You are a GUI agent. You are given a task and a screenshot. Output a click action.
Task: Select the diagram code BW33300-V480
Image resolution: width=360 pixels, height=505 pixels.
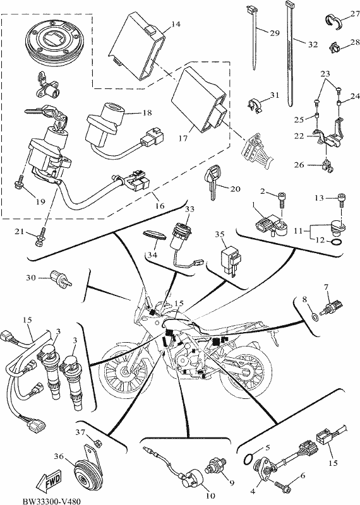pyautogui.click(x=52, y=501)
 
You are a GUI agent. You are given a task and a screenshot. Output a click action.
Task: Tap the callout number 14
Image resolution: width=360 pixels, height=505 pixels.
pyautogui.click(x=176, y=24)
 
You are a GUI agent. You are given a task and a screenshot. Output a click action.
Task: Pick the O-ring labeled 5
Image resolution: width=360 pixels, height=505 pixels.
pyautogui.click(x=250, y=459)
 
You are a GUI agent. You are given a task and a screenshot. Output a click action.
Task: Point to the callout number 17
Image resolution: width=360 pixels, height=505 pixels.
pyautogui.click(x=183, y=138)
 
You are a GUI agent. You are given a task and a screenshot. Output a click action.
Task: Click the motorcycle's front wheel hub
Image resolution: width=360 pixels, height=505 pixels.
pyautogui.click(x=124, y=371)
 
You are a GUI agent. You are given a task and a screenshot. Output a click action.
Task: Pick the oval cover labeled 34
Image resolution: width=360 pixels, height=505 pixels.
pyautogui.click(x=155, y=234)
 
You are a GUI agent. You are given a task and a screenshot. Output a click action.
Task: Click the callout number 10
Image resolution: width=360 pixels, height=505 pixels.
pyautogui.click(x=210, y=495)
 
